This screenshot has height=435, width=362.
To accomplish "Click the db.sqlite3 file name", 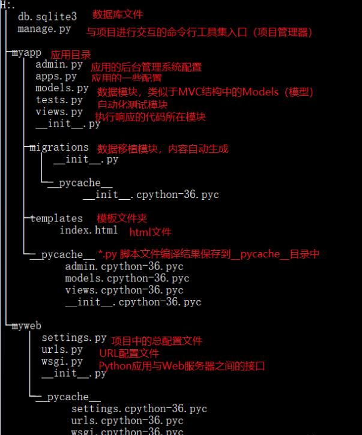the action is pos(47,17).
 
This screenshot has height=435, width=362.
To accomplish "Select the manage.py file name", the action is pos(44,29).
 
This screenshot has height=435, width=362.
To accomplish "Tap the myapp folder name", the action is pos(26,53).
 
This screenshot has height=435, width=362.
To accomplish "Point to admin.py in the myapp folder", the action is pos(59,65).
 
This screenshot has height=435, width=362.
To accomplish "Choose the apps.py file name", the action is pos(56,77).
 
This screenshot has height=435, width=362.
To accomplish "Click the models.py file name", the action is pos(62,88).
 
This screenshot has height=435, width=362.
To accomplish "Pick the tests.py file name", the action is pos(59,100).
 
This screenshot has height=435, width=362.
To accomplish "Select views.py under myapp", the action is pos(59,112).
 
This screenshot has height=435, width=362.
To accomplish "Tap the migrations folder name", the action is pos(59,148).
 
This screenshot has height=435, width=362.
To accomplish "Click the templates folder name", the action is pos(56,218).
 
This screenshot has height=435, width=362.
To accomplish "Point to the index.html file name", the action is pos(89,230).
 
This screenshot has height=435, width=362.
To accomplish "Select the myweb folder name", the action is pos(26,326).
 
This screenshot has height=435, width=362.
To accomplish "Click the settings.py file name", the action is pos(74,338).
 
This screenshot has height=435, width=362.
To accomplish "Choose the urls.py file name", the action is pos(62,350).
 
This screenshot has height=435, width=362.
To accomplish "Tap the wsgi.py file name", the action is pos(62,362).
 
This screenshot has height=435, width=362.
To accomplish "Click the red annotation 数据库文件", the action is pos(118,14).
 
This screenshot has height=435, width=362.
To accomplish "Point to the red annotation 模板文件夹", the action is pos(122,218).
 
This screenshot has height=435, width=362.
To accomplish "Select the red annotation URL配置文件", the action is pos(129,353).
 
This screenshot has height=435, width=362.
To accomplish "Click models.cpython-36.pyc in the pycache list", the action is pos(127,278).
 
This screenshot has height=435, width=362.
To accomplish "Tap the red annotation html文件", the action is pos(150,232).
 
